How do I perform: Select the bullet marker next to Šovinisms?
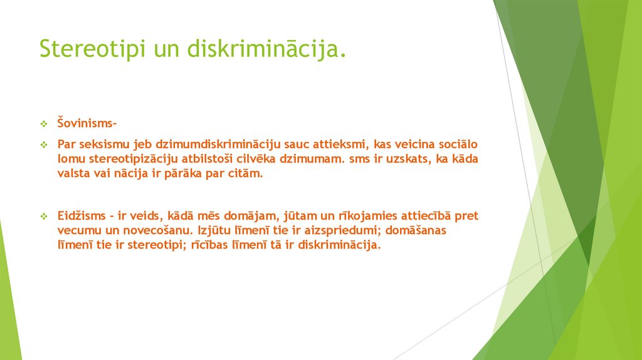[x=45, y=123]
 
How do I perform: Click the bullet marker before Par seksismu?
[x=45, y=145]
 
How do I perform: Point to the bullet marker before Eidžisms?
[x=45, y=216]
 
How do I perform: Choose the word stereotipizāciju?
[x=130, y=159]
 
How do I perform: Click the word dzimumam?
[x=311, y=159]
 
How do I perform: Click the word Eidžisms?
[x=80, y=216]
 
